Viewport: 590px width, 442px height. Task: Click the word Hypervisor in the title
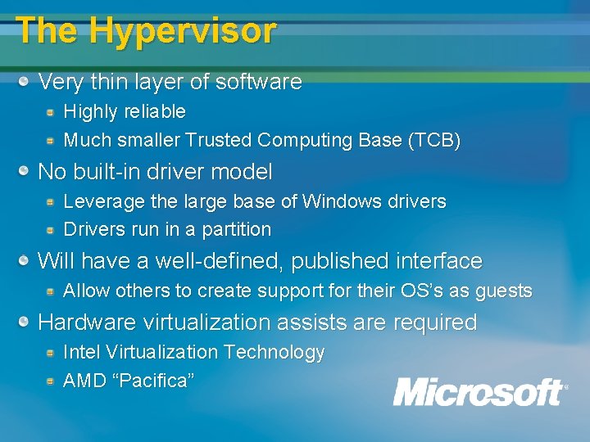pyautogui.click(x=183, y=31)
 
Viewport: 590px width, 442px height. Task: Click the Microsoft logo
pyautogui.click(x=479, y=392)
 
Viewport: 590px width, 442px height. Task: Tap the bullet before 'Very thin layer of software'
pyautogui.click(x=26, y=81)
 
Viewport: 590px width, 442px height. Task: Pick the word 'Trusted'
pyautogui.click(x=218, y=141)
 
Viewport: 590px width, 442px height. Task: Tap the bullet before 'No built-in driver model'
pyautogui.click(x=26, y=171)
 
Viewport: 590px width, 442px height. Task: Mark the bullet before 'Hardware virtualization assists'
pyautogui.click(x=26, y=322)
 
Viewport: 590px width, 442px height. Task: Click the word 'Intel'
pyautogui.click(x=79, y=353)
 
